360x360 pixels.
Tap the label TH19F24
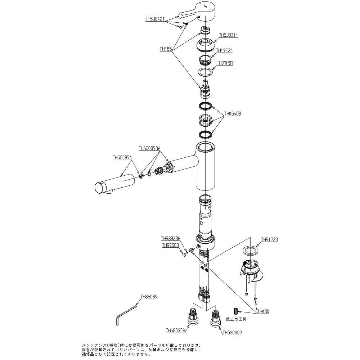click(225, 51)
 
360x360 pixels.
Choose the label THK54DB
click(233, 113)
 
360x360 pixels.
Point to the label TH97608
click(170, 246)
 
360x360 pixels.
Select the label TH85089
click(149, 298)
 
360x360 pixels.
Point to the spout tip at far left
click(99, 188)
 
